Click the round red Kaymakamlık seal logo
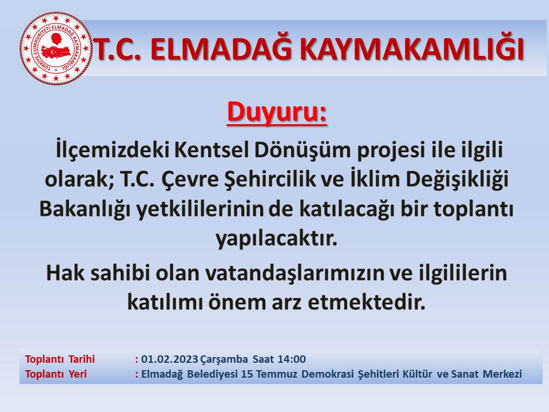click(x=55, y=49)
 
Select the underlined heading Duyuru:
click(x=277, y=113)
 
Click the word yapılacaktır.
click(x=276, y=239)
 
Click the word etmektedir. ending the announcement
click(x=367, y=303)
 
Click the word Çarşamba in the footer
click(x=224, y=359)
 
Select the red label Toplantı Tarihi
click(x=60, y=359)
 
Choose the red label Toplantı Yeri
click(x=55, y=374)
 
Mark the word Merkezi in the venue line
click(x=503, y=374)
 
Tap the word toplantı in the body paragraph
click(x=474, y=209)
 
